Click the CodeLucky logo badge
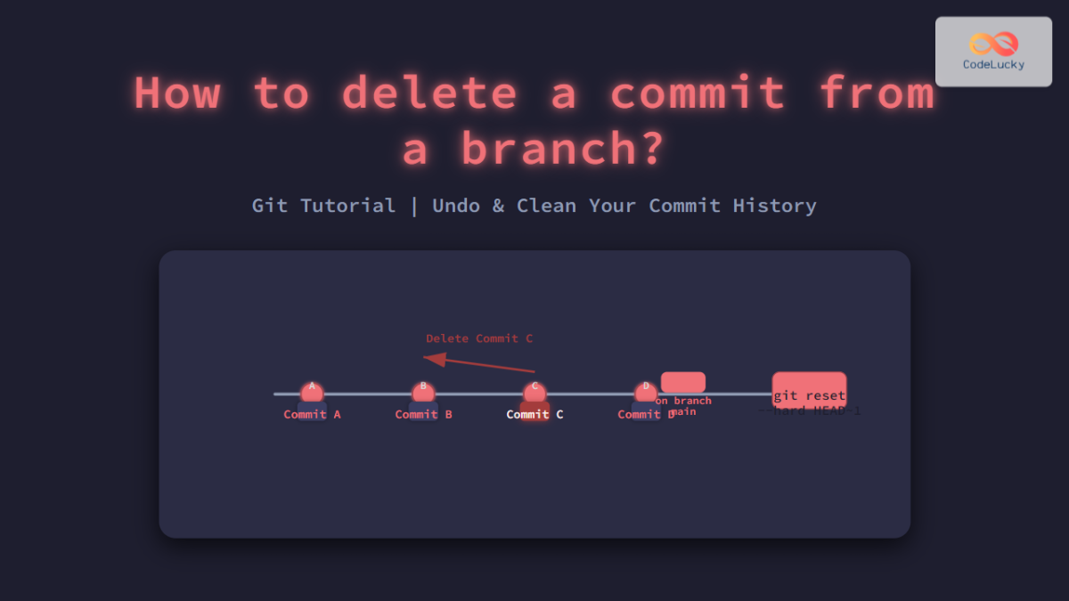pos(993,51)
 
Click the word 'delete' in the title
pos(428,93)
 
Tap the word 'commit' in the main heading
pos(696,93)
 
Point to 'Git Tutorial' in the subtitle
pos(323,206)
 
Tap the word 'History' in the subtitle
pos(774,206)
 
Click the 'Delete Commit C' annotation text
pos(479,338)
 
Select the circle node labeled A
pos(312,392)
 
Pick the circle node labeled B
pos(423,392)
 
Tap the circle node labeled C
pos(534,392)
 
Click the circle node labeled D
pos(646,392)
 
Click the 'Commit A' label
pos(312,415)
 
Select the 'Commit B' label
pos(423,415)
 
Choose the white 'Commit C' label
pos(534,415)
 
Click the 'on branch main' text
pos(683,406)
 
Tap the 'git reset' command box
pos(809,390)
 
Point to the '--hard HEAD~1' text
pos(811,411)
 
